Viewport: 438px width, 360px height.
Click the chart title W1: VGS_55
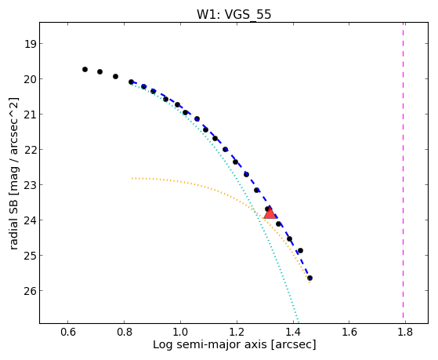[x=233, y=14]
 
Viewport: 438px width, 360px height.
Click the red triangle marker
[x=270, y=213]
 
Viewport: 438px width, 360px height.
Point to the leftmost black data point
[x=85, y=69]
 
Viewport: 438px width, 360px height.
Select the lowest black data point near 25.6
[x=309, y=278]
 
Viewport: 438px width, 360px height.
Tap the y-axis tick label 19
[x=30, y=44]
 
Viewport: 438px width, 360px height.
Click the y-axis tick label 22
[x=30, y=150]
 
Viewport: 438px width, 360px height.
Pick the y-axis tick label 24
[x=30, y=220]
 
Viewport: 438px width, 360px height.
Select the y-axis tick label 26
[x=30, y=291]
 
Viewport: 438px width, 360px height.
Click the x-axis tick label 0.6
[x=68, y=332]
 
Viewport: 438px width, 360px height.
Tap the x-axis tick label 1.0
[x=180, y=332]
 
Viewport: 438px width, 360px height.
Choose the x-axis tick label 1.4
[x=293, y=332]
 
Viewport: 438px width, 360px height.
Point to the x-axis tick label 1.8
[x=405, y=332]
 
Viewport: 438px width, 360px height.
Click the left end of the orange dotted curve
[x=132, y=178]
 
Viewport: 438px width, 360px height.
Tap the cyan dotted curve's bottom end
[x=298, y=322]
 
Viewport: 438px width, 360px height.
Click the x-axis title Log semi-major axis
[x=209, y=345]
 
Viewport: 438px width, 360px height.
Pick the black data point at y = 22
[x=225, y=149]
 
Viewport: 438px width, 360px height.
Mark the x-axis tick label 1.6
[x=349, y=332]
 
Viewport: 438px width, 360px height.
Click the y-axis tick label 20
[x=30, y=79]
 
